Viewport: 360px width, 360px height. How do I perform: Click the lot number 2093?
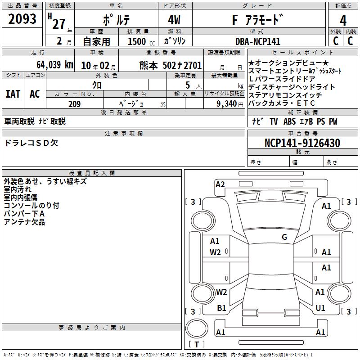pos(22,19)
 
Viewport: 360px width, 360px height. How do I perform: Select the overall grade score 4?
pos(343,20)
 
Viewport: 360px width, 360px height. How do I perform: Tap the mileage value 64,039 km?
pos(55,65)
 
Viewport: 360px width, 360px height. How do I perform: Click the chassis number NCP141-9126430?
pos(302,143)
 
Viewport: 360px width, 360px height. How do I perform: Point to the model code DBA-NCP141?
pos(258,41)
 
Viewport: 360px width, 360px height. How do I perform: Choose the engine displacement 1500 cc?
pos(141,41)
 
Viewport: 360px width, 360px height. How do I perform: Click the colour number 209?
pos(75,104)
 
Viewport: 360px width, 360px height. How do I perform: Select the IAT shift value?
pos(13,94)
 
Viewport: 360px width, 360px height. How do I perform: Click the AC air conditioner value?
pos(35,94)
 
